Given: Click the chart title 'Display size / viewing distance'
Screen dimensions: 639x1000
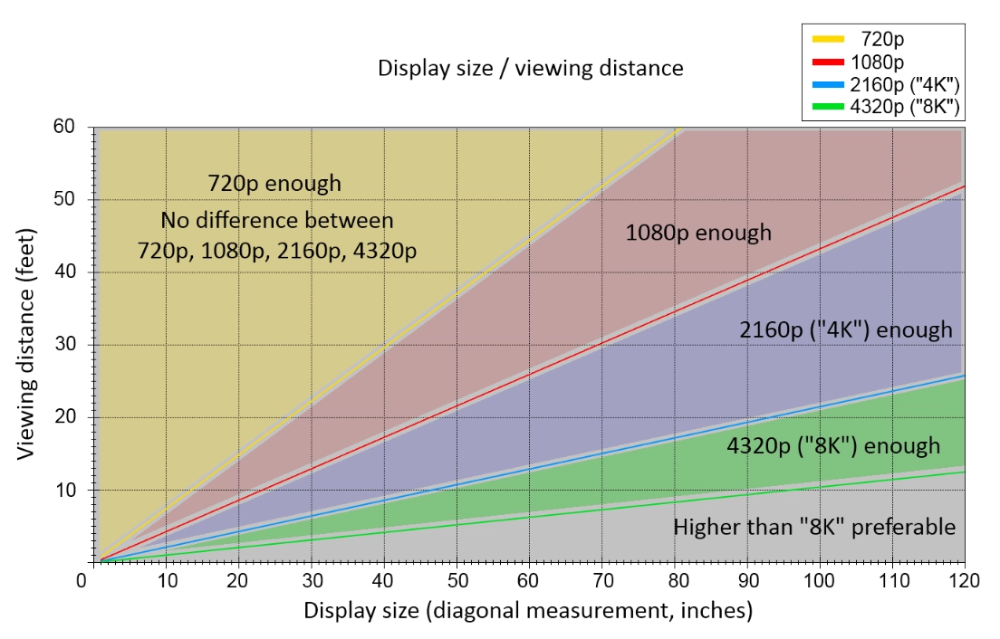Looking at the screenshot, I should (x=531, y=68).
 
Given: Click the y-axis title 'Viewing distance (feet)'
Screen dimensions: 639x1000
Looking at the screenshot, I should (x=27, y=344).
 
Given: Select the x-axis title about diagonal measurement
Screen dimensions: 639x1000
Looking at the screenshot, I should (x=528, y=611).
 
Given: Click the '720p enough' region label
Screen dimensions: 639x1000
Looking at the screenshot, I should (x=274, y=184).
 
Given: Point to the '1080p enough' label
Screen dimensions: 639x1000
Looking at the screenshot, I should (x=698, y=233).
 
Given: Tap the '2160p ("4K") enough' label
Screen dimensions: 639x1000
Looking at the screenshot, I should (x=846, y=329).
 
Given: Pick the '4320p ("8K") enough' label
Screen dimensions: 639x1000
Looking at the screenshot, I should (x=833, y=445).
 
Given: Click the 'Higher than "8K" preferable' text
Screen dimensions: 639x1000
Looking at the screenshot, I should (x=814, y=527).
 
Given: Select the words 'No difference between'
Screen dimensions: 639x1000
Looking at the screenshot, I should (x=277, y=220).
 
